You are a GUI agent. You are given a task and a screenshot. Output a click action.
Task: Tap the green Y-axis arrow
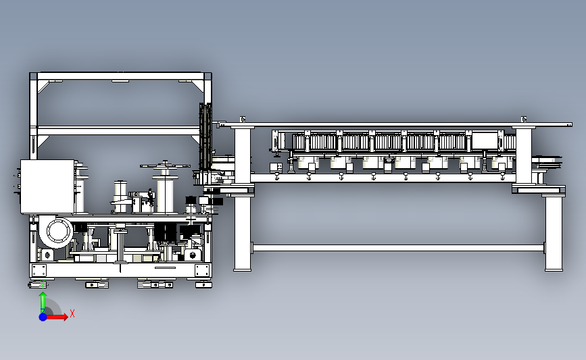[43, 302]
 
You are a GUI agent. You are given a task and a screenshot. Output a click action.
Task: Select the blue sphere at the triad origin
[43, 317]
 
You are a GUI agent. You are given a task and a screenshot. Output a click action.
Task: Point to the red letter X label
[72, 313]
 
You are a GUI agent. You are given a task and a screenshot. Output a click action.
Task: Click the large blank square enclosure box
[47, 186]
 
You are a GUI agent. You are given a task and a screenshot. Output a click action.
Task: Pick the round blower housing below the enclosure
[57, 232]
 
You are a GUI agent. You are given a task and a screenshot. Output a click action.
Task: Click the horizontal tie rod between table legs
[398, 248]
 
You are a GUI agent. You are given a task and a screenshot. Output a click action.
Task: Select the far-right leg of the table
[554, 232]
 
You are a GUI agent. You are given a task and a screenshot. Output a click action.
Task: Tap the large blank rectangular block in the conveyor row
[485, 141]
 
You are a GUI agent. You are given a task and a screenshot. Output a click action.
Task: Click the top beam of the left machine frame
[120, 76]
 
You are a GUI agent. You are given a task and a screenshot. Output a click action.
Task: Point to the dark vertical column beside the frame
[205, 136]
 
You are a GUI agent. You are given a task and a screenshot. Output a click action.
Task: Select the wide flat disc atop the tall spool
[165, 165]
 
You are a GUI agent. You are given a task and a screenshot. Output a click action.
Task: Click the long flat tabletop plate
[394, 125]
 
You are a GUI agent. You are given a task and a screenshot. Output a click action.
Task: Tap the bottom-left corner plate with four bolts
[39, 270]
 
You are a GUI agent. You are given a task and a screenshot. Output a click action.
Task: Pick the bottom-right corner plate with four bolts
[202, 270]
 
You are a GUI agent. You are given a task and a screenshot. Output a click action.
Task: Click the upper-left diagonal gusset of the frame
[43, 86]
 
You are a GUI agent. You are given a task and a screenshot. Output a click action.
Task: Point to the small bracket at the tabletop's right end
[524, 119]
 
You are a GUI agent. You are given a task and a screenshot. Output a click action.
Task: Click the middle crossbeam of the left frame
[119, 131]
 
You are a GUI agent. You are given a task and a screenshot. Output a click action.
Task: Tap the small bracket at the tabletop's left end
[243, 119]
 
